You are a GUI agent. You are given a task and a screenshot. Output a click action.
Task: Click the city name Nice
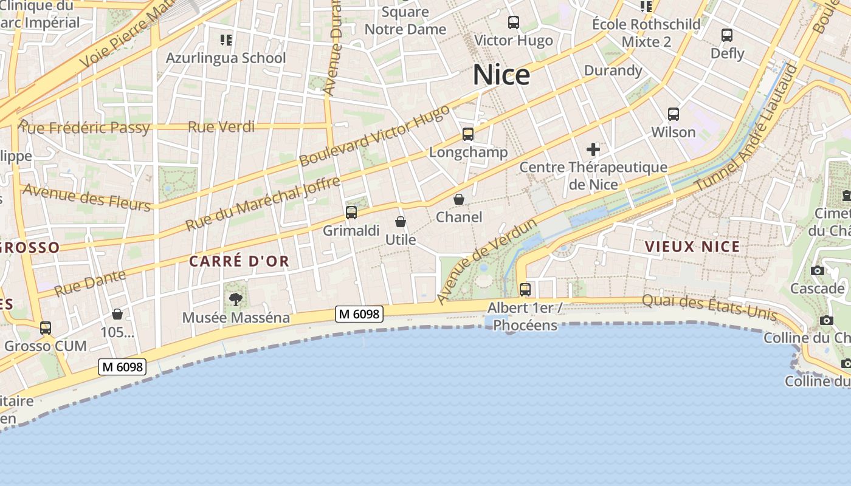coord(501,75)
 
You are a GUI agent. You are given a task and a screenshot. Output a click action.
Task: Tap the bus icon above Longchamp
coord(467,134)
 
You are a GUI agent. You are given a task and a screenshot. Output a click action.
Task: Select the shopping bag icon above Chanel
coord(459,199)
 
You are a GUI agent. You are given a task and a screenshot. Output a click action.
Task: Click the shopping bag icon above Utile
coord(400,222)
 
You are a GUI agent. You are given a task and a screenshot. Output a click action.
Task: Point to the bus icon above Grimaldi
coord(351,213)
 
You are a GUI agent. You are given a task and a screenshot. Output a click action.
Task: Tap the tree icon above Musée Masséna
coord(236,299)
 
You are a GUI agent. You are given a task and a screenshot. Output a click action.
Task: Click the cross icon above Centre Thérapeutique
coord(593,149)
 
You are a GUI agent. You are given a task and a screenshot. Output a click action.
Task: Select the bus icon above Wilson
coord(673,114)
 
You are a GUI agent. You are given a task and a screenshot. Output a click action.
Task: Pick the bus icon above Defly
coord(727,35)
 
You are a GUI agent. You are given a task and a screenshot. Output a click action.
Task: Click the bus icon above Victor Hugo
coord(514,23)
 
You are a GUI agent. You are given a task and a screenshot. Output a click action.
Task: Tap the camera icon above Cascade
coord(817,270)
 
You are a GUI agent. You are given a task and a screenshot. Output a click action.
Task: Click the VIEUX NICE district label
coord(692,247)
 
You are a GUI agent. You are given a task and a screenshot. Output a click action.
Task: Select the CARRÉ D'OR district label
coord(239,261)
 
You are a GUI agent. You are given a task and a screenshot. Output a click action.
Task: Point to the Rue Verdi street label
coord(221,127)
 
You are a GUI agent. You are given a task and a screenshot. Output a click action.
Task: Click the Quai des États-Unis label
coord(709,306)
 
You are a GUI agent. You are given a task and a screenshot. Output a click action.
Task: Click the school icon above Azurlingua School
coord(226,40)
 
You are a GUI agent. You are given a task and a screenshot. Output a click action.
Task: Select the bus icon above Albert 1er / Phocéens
coord(525,289)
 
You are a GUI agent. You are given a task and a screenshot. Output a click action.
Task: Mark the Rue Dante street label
coord(90,283)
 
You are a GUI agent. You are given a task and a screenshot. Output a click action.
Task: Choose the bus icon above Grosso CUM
coord(46,328)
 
